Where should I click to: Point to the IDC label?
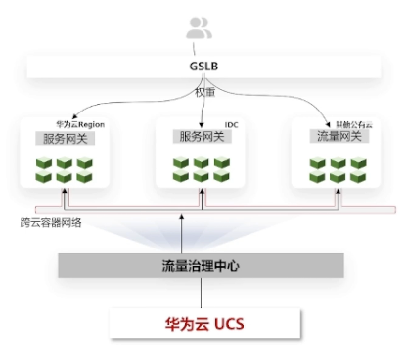coord(232,125)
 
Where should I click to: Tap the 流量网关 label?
coord(339,136)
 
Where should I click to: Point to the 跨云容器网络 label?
coord(51,223)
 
